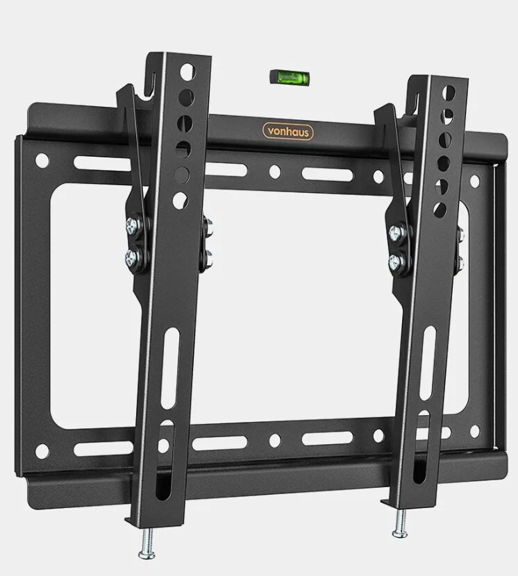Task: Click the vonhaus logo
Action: [287, 131]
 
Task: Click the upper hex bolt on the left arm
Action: [133, 226]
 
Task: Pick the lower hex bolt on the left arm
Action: [133, 258]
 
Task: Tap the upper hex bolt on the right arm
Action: [397, 232]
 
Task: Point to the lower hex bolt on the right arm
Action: [397, 262]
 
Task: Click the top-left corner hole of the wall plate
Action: [42, 161]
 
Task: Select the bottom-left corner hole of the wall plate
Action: [42, 451]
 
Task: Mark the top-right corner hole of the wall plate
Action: [474, 180]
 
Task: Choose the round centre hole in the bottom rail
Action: [275, 439]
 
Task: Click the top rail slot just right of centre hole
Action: [326, 173]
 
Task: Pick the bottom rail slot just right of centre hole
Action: [326, 438]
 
